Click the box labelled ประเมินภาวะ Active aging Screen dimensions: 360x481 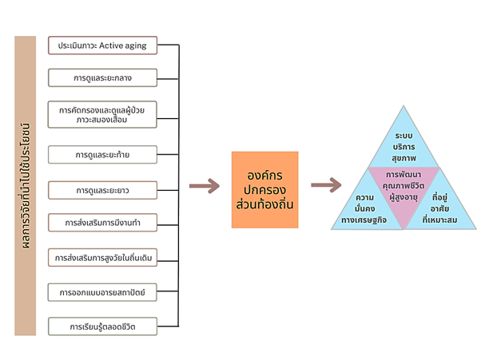tap(102, 46)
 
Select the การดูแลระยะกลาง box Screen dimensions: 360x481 tap(102, 77)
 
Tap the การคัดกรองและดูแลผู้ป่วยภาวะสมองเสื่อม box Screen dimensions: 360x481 tap(102, 114)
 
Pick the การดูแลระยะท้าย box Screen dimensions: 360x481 tap(102, 153)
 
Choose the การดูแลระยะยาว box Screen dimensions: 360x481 tap(102, 190)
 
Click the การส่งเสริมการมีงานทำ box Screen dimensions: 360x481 tap(102, 221)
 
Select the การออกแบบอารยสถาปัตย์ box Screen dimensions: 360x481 tap(102, 292)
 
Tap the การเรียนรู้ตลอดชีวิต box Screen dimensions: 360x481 tap(102, 326)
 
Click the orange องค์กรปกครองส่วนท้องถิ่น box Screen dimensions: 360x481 tap(264, 190)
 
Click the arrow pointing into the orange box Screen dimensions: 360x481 tap(204, 187)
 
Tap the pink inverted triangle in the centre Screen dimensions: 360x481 tap(403, 192)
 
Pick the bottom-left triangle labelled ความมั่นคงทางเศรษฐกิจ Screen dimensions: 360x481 tap(365, 209)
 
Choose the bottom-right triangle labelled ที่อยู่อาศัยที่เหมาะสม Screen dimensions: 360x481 tap(443, 209)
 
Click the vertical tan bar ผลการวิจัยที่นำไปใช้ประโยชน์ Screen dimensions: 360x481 tap(26, 186)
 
